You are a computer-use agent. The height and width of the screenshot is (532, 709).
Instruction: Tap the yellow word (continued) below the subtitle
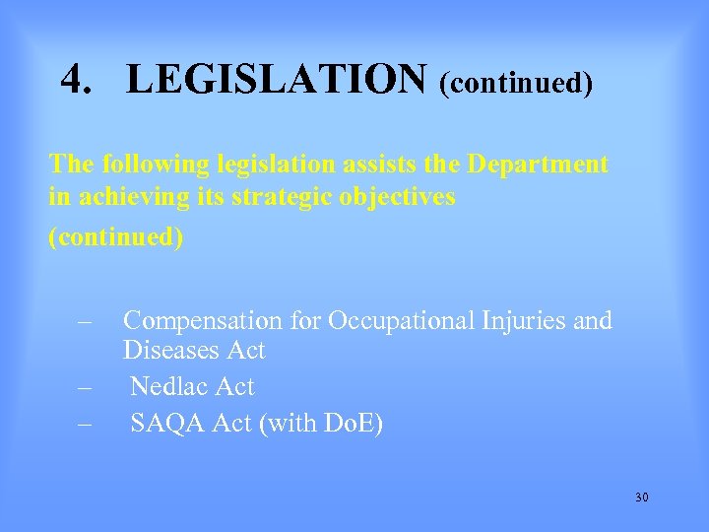click(x=116, y=238)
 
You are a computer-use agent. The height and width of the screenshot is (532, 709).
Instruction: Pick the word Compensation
click(x=202, y=321)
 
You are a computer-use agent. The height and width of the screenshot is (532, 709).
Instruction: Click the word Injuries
click(x=526, y=321)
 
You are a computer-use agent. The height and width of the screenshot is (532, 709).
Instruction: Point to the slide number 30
click(x=642, y=498)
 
